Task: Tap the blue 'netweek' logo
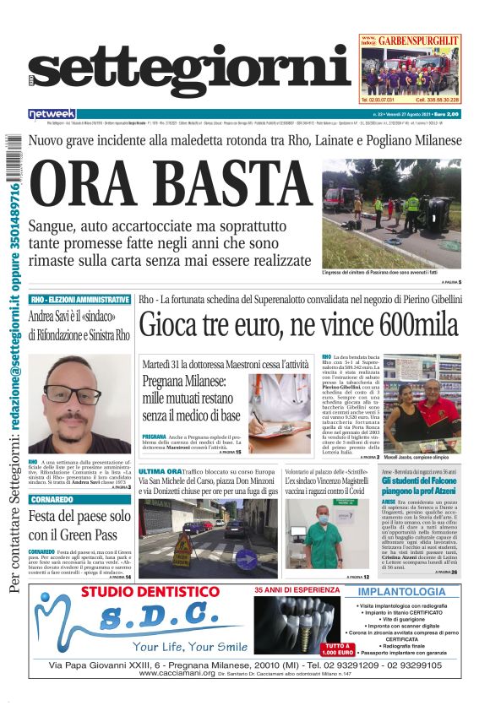click(x=52, y=114)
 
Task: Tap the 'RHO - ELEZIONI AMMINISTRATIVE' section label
click(x=79, y=300)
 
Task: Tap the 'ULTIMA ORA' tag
click(x=161, y=471)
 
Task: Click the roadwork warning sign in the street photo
click(x=182, y=545)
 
